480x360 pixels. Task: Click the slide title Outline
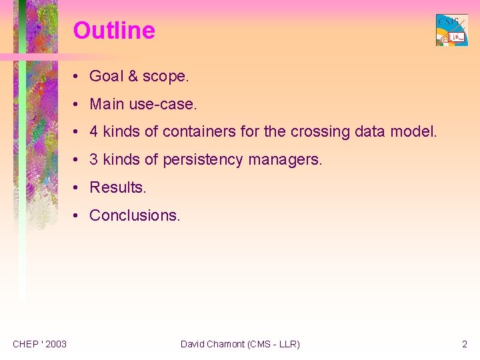(x=114, y=31)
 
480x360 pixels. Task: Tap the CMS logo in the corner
(x=451, y=30)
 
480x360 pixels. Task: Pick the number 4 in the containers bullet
(x=94, y=132)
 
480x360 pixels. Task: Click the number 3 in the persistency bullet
(x=94, y=160)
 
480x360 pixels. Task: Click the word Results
(x=118, y=188)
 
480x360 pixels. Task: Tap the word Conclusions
(x=135, y=215)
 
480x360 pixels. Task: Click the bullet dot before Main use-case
(x=79, y=105)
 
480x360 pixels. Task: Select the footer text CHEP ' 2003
(x=39, y=344)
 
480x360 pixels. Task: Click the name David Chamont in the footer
(x=212, y=344)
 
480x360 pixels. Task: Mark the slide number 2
(x=464, y=344)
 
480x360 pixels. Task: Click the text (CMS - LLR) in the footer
(x=273, y=344)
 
